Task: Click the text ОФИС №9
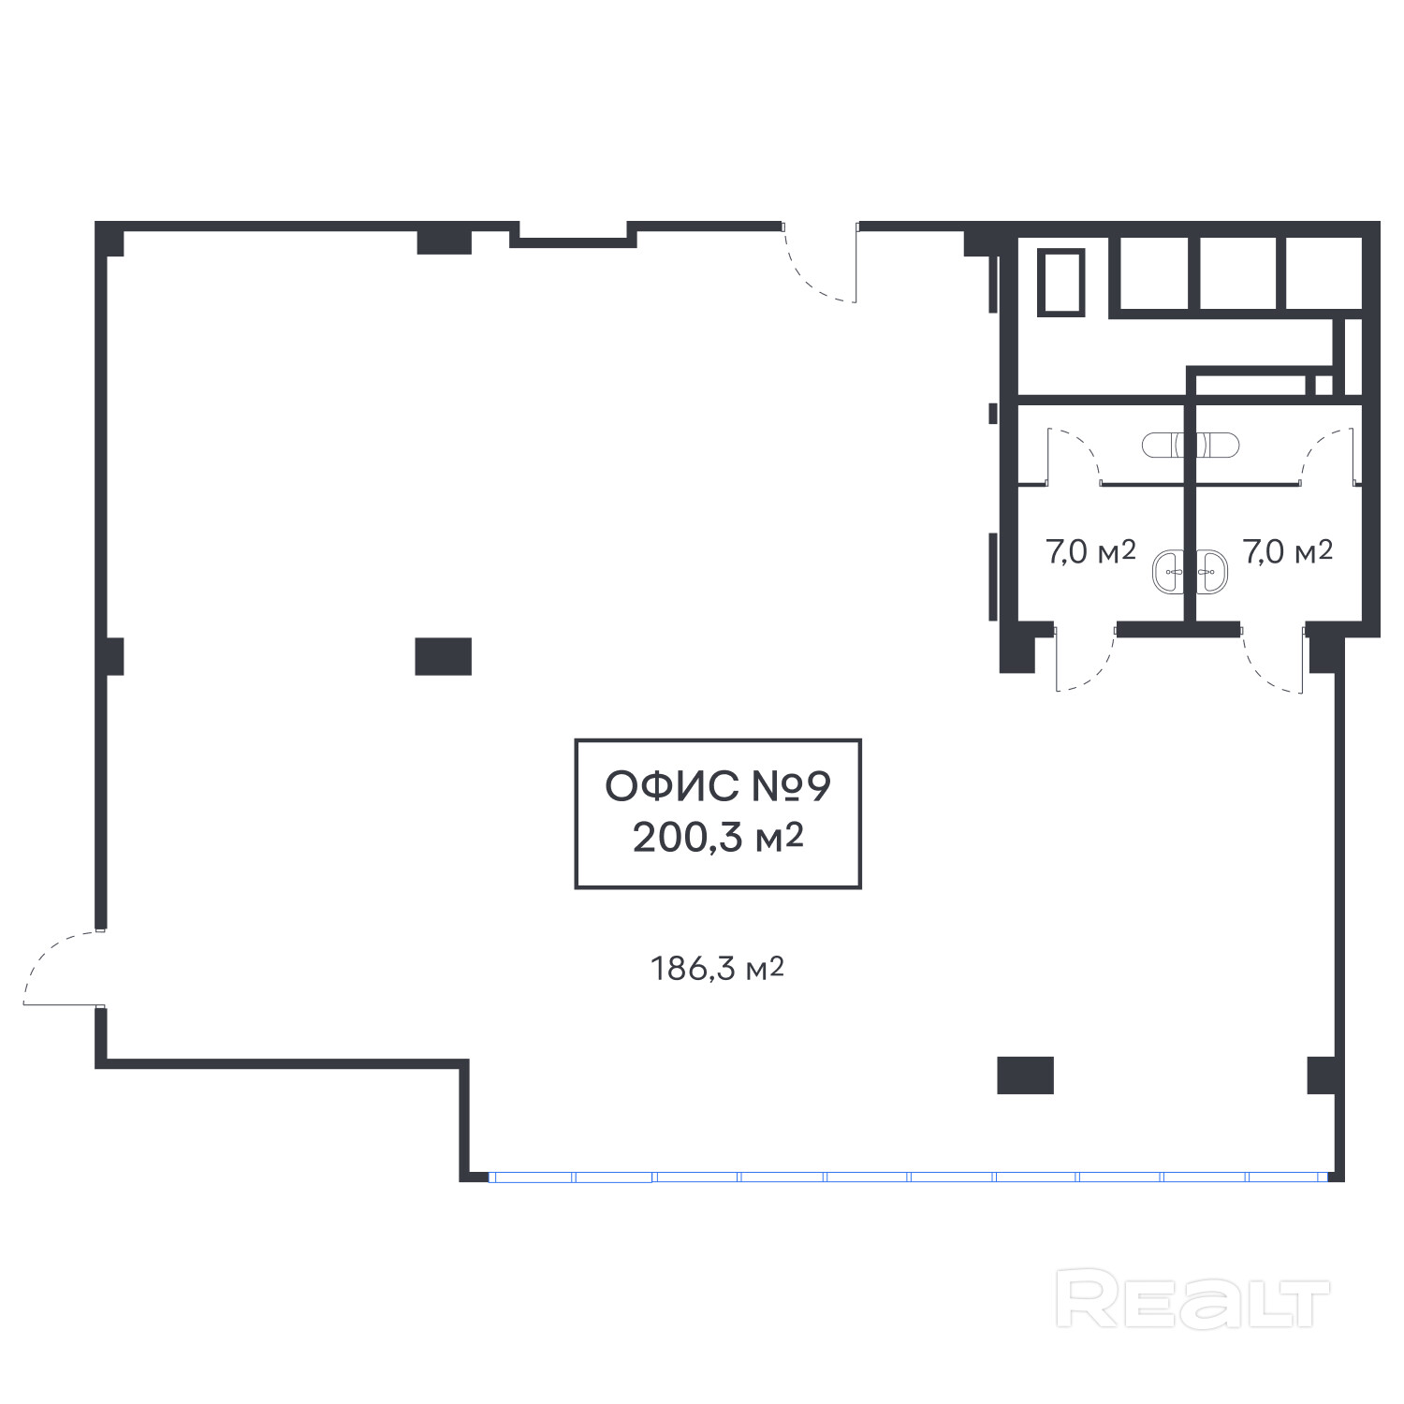pos(718,787)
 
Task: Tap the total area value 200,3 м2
pos(718,838)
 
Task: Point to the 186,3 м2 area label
pos(717,969)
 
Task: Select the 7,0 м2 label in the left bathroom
pos(1090,552)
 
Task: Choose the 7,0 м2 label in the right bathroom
pos(1288,552)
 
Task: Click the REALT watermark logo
pos(1192,1298)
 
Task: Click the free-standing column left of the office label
pos(443,656)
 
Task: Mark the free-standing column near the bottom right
pos(1025,1075)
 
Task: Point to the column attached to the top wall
pos(444,241)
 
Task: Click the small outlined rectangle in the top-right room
pos(1060,282)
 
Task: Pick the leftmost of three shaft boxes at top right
pos(1154,273)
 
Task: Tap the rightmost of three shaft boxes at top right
pos(1324,273)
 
